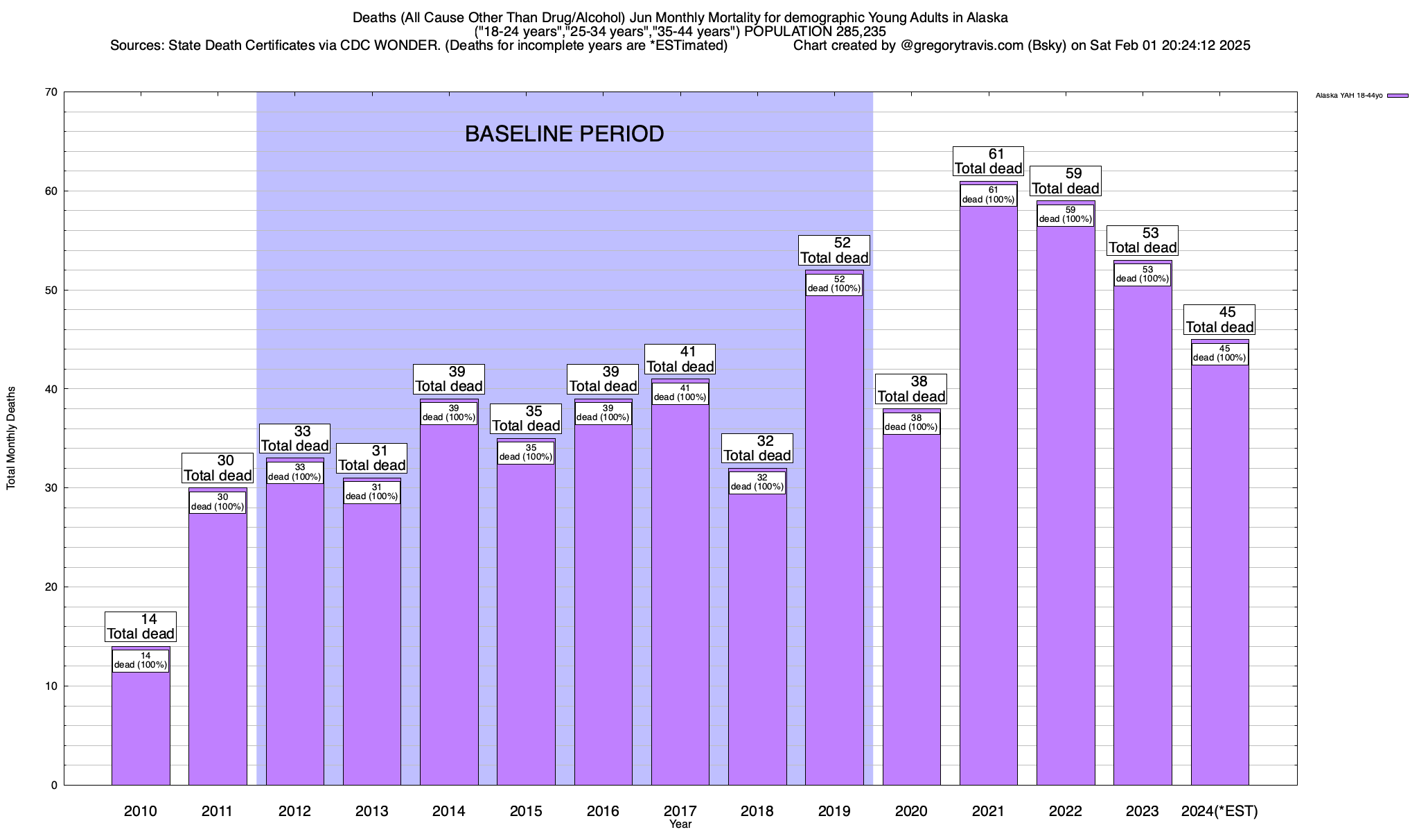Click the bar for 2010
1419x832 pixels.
click(141, 721)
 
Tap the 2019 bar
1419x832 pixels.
click(834, 541)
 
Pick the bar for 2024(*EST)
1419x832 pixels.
click(1219, 575)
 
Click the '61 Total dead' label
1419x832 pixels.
click(988, 162)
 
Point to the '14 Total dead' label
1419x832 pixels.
click(141, 627)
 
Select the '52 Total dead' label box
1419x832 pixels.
click(834, 250)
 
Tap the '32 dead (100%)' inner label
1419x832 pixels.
click(757, 483)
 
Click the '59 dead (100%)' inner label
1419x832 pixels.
click(1066, 215)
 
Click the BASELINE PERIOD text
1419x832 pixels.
click(564, 134)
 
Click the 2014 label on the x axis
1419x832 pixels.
click(448, 811)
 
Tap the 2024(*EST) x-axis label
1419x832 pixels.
click(1219, 811)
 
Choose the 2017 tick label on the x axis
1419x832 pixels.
click(680, 811)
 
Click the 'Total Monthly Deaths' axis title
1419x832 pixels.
click(11, 438)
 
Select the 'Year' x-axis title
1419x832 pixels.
click(680, 824)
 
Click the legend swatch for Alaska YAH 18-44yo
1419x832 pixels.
click(1398, 96)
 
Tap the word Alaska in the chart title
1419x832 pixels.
click(986, 17)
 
